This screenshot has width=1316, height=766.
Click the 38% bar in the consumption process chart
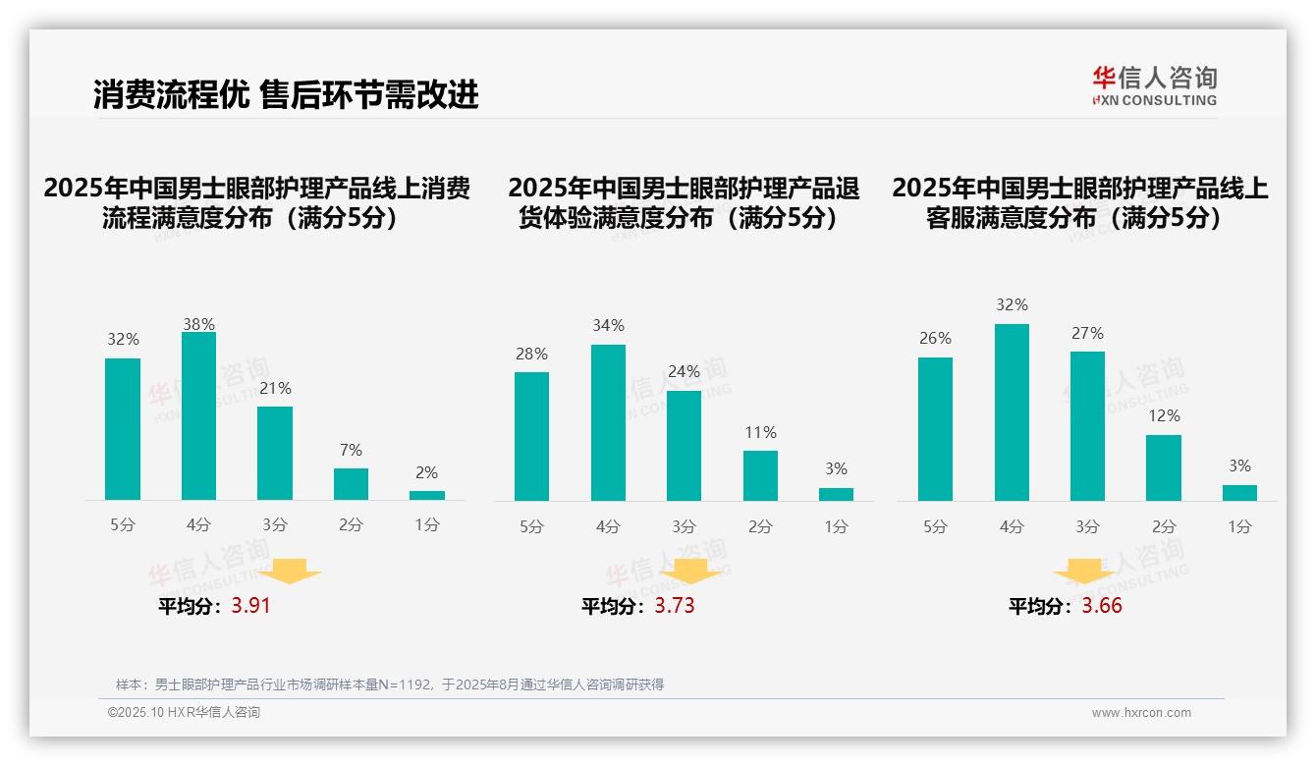[198, 416]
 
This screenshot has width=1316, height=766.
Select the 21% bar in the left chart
[275, 454]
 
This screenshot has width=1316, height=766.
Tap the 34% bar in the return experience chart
[608, 422]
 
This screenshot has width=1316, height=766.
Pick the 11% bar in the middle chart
[760, 476]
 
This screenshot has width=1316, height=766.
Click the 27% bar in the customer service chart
[1087, 426]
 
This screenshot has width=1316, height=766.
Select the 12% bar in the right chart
[1164, 468]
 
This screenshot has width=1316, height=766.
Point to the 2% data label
[426, 472]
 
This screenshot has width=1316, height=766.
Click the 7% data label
[351, 450]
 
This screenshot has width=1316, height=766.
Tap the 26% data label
[935, 338]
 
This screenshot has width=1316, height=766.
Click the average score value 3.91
[250, 606]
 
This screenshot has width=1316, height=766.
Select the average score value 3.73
[675, 606]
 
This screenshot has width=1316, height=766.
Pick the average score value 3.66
[1102, 606]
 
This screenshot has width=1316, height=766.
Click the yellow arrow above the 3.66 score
[1084, 573]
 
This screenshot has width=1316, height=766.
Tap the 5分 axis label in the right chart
[935, 527]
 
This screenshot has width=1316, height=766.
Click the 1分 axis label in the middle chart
[836, 527]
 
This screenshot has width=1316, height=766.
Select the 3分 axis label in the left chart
[275, 525]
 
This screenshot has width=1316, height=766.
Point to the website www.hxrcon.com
[1141, 713]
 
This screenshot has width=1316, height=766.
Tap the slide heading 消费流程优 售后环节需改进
[286, 95]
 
